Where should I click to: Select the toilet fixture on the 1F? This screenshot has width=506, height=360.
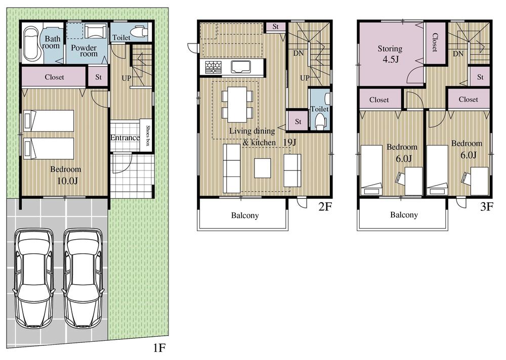138,33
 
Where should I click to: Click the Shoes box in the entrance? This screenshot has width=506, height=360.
147,136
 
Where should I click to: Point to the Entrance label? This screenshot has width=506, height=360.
124,138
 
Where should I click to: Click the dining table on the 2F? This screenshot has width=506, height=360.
237,104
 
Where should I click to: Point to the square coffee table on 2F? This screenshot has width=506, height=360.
262,168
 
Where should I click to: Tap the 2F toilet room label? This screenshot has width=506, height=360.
320,109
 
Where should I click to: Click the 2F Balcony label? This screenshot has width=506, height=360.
245,215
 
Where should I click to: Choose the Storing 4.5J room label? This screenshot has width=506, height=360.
390,54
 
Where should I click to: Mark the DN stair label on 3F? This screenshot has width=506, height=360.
458,54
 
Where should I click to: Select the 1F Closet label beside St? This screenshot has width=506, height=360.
54,77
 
